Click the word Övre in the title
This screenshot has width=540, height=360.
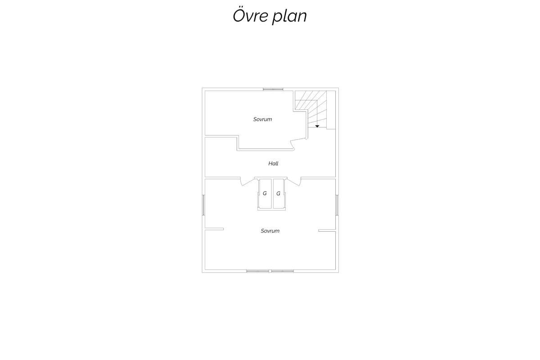click(x=250, y=16)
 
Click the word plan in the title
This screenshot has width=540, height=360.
click(x=289, y=17)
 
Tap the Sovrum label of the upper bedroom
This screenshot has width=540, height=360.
click(x=262, y=119)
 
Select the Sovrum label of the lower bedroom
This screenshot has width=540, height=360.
click(x=270, y=231)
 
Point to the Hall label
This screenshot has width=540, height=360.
click(x=273, y=164)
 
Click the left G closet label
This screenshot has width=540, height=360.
click(x=265, y=193)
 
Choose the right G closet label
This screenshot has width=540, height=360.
click(x=278, y=193)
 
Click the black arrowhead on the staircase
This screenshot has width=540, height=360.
click(x=317, y=126)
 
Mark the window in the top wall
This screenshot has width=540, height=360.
click(x=273, y=89)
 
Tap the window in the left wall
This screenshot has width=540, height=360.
click(x=203, y=205)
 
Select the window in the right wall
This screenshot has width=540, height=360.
click(x=337, y=205)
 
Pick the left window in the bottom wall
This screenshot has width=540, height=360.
click(x=258, y=271)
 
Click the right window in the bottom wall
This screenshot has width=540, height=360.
click(x=283, y=271)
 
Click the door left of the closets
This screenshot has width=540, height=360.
click(x=247, y=182)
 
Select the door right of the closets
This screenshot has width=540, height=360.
click(x=293, y=182)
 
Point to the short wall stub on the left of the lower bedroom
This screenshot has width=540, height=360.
click(x=214, y=229)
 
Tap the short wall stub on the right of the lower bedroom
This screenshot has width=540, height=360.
click(x=327, y=231)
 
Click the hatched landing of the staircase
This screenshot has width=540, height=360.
click(x=306, y=100)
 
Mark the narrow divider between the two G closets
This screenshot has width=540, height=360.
click(x=272, y=193)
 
